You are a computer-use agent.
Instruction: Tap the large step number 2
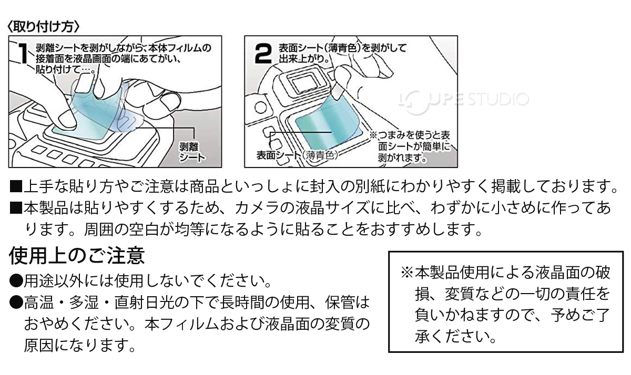(x=263, y=53)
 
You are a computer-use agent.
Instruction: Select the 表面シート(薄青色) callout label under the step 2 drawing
(x=297, y=155)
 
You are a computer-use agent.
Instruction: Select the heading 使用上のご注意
(x=77, y=256)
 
